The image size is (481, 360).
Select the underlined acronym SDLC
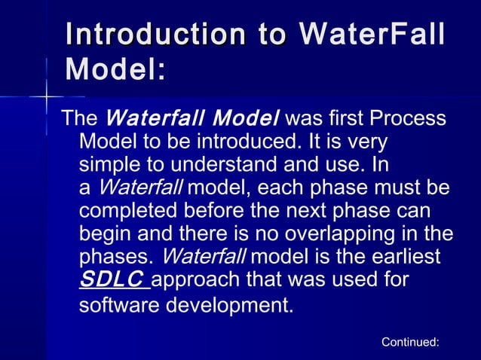click(x=111, y=279)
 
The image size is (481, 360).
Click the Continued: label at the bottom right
click(x=410, y=342)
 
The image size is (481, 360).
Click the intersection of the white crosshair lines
click(x=47, y=97)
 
